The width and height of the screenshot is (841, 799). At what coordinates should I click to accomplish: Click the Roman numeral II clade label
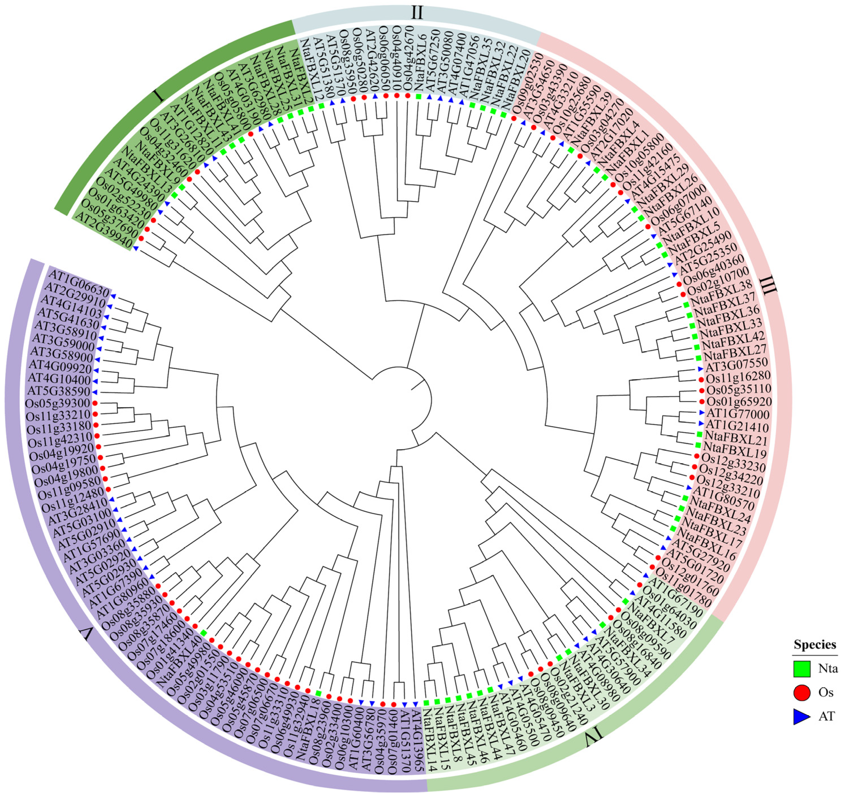(417, 12)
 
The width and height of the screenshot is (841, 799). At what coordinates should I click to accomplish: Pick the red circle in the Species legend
(801, 705)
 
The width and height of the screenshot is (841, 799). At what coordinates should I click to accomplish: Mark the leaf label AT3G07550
(737, 365)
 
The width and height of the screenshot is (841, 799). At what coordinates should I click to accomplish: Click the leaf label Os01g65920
(739, 402)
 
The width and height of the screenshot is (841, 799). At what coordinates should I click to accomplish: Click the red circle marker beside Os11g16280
(701, 379)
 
